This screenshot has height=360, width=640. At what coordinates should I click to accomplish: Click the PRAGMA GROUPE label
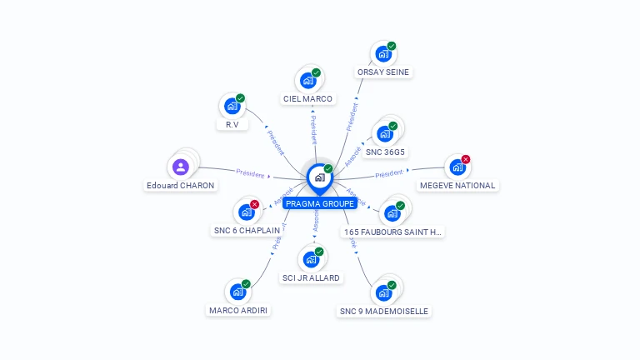pos(319,203)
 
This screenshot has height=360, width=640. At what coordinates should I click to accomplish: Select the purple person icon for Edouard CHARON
pos(181,167)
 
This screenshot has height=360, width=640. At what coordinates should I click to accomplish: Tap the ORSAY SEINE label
pos(383,72)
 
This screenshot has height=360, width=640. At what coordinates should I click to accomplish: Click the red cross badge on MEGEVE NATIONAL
pos(466,159)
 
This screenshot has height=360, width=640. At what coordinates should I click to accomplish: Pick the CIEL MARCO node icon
pos(307,81)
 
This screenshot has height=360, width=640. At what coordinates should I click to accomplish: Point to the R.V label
pos(232,124)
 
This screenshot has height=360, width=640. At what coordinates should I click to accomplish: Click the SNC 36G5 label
pos(385,152)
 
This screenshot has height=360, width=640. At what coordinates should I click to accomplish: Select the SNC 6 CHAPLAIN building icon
pos(246,212)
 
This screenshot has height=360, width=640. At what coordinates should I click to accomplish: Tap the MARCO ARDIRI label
pos(239,310)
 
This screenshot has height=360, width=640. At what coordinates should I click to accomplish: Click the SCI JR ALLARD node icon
pos(310,258)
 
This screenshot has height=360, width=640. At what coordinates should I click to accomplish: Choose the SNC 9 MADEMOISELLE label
pos(383,311)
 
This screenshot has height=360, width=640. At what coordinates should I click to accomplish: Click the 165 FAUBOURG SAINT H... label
pos(393,232)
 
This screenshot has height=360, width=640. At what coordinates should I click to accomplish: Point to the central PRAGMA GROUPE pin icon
pos(319,177)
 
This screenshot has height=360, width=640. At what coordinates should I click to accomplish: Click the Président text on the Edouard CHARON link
pos(250,174)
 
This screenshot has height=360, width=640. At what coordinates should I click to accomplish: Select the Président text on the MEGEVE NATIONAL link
pos(388,174)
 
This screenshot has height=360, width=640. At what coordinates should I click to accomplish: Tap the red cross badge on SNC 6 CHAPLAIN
pos(255,204)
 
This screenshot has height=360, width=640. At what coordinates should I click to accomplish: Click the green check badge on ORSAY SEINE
pos(392,46)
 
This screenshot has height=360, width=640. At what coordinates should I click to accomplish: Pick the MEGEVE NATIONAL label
pos(457,185)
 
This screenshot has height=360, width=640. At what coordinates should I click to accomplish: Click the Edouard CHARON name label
pos(181,185)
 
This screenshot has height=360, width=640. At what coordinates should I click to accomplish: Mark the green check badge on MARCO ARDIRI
pos(246,284)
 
